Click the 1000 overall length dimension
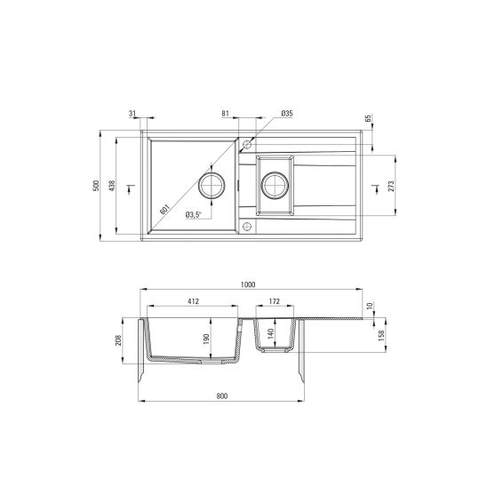point(247,284)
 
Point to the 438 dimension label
point(112,185)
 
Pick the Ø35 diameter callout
point(286,114)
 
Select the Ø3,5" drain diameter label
point(193,214)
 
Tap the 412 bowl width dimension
point(192,302)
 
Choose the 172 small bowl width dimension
point(275,302)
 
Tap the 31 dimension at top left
point(132,114)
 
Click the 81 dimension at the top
point(226,114)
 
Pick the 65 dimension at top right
point(367,118)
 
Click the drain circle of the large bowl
point(212,186)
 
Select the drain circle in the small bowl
point(275,186)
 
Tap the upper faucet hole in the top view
point(248,143)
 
